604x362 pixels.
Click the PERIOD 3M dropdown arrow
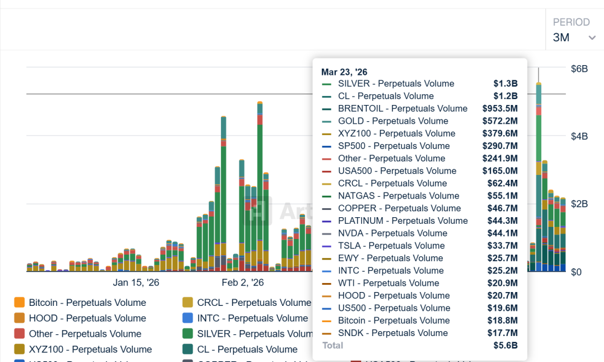pyautogui.click(x=591, y=38)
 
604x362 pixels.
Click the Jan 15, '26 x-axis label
pyautogui.click(x=136, y=282)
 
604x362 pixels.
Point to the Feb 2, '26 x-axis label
pyautogui.click(x=243, y=282)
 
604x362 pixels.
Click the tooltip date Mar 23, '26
pyautogui.click(x=344, y=72)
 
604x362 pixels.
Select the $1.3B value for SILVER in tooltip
pyautogui.click(x=505, y=84)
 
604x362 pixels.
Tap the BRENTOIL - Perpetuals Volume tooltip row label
pyautogui.click(x=402, y=109)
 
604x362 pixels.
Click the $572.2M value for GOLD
pyautogui.click(x=500, y=121)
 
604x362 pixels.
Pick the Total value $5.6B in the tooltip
pyautogui.click(x=505, y=346)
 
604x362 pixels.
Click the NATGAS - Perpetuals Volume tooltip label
pyautogui.click(x=399, y=196)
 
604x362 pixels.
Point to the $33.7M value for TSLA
pyautogui.click(x=502, y=246)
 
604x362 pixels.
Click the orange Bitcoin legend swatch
pyautogui.click(x=19, y=303)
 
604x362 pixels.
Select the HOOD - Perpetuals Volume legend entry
pyautogui.click(x=87, y=319)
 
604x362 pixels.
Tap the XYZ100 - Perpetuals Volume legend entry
pyautogui.click(x=90, y=349)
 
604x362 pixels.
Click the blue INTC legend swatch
pyautogui.click(x=188, y=319)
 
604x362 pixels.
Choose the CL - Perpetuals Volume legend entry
pyautogui.click(x=247, y=349)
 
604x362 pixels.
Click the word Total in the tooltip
pyautogui.click(x=332, y=346)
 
